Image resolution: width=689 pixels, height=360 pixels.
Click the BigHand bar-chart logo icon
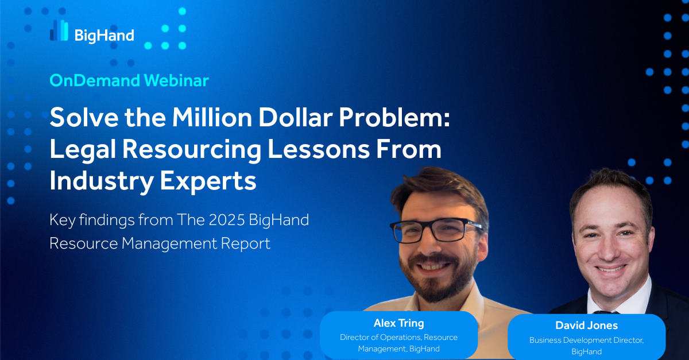click(59, 30)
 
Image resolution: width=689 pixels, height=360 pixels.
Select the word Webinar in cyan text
click(176, 80)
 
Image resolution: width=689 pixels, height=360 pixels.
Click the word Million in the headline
click(212, 118)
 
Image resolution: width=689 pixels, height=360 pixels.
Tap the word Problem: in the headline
click(394, 118)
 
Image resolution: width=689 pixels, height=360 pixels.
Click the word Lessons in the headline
click(319, 150)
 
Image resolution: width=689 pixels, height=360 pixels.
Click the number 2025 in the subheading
click(227, 220)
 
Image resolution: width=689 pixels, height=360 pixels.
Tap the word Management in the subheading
click(169, 244)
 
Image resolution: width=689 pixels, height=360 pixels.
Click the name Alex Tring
click(399, 323)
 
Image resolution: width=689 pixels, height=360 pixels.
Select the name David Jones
click(587, 326)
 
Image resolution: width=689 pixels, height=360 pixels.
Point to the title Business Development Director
click(587, 340)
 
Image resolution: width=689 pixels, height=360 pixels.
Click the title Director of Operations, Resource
click(398, 338)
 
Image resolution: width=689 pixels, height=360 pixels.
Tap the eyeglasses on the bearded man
click(436, 230)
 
